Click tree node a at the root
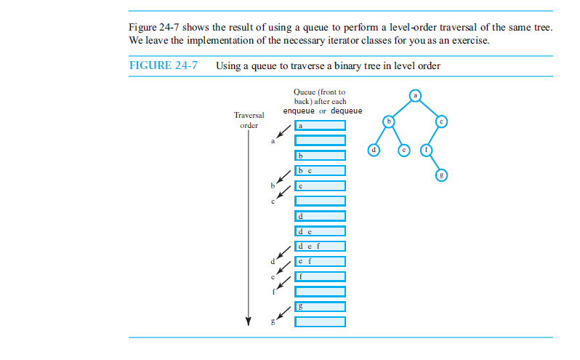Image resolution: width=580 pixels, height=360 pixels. [x=414, y=95]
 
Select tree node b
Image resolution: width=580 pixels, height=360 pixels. [x=389, y=121]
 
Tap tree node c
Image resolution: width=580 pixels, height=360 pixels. [x=441, y=121]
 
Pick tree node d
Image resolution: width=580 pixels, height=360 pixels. [x=374, y=150]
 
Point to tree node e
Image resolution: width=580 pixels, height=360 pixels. [x=405, y=150]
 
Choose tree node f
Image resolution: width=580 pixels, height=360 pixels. [x=427, y=150]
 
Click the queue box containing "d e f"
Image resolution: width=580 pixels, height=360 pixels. [x=320, y=246]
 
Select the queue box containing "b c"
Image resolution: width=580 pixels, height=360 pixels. [x=320, y=170]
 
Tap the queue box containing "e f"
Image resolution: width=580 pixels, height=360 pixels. [x=320, y=261]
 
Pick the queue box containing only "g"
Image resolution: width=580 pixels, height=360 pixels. [x=320, y=307]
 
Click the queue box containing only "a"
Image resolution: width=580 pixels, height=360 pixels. [x=320, y=125]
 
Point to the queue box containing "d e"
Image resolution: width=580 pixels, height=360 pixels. [x=320, y=231]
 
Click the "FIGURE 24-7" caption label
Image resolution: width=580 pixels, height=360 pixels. [x=164, y=65]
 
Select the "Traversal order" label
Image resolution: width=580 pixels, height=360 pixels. [x=249, y=120]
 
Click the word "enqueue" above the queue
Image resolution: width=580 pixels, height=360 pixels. [x=299, y=111]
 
